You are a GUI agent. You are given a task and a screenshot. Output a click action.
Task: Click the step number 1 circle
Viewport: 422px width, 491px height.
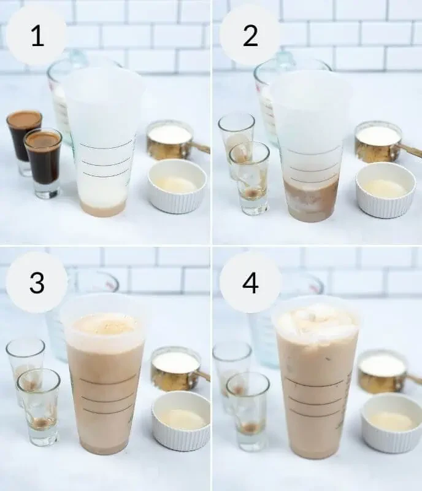coord(37,36)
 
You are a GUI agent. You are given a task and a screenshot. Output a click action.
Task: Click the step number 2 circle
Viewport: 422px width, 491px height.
coord(250,36)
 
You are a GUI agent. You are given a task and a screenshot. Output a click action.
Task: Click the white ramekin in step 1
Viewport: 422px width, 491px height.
coord(177,187)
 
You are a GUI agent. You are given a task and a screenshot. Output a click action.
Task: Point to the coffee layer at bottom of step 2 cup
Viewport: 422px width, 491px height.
coord(311,199)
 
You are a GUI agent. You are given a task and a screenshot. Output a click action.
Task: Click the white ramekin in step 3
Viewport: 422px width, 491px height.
coord(180,420)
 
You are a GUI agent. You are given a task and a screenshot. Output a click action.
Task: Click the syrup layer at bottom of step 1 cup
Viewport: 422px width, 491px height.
coord(103,209)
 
